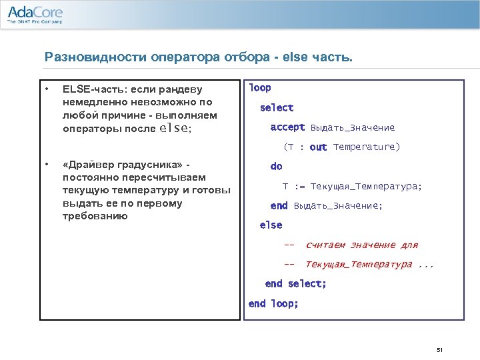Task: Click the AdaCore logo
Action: (x=35, y=14)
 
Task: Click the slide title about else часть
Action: (x=198, y=57)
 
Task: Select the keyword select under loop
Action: (x=277, y=107)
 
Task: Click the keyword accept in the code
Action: (x=287, y=127)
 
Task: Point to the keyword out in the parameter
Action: (x=319, y=147)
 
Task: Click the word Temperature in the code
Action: (x=366, y=147)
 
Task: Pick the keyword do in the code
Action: (x=276, y=166)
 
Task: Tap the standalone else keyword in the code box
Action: (x=271, y=225)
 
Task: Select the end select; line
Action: (x=295, y=284)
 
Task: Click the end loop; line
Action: (x=273, y=303)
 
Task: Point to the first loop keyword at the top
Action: (x=260, y=88)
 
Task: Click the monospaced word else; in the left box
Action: (x=176, y=128)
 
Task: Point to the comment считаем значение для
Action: (x=361, y=245)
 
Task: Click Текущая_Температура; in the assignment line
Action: (x=366, y=186)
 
